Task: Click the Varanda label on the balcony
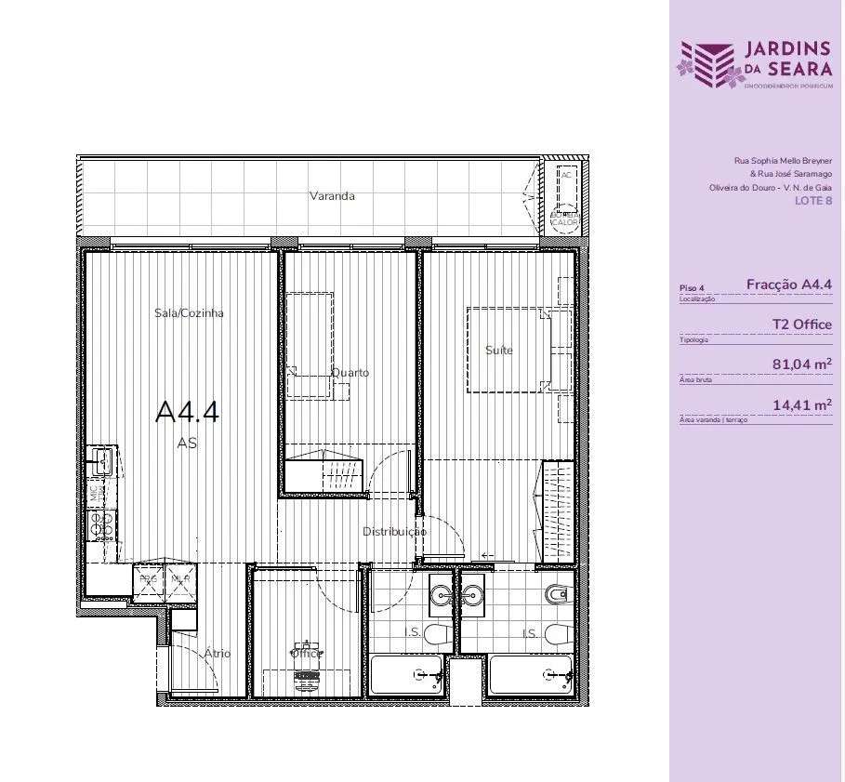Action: coord(332,196)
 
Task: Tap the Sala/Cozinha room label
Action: coord(189,313)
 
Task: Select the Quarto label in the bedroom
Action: coord(350,373)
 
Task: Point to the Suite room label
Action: coord(499,351)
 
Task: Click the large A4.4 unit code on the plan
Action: coord(187,412)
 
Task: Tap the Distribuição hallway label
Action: coord(394,532)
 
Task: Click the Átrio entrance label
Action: coord(217,654)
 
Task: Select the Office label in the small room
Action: coord(307,653)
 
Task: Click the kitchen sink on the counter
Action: coord(100,459)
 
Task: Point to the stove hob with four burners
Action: coord(100,524)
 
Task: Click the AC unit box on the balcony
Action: coord(566,175)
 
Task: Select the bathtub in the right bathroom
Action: coord(530,674)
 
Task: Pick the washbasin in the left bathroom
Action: coord(442,591)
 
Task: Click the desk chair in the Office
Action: coord(305,680)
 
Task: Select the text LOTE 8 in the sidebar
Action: coord(813,201)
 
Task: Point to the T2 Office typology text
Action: coord(801,325)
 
